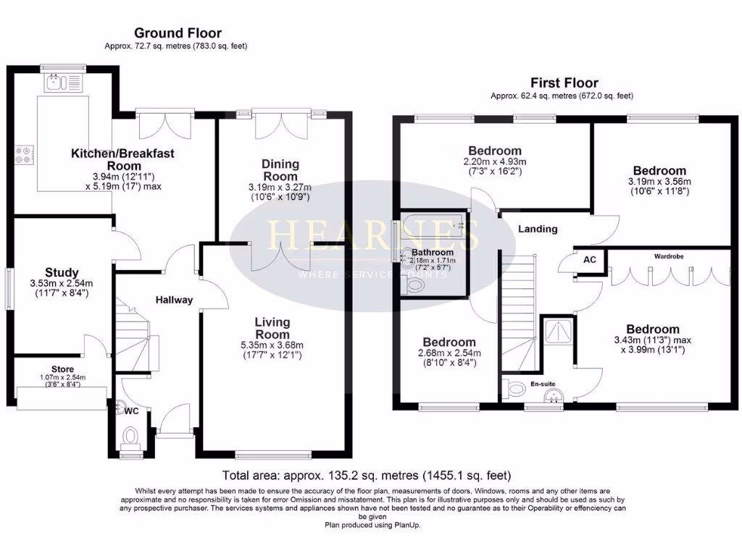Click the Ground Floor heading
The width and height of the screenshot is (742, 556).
[x=178, y=33]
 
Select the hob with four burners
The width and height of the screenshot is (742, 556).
[x=22, y=154]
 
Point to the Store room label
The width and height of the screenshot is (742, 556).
[x=62, y=369]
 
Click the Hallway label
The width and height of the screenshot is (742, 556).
[x=175, y=300]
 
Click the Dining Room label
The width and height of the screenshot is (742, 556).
[x=280, y=170]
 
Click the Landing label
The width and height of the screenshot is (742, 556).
[x=538, y=229]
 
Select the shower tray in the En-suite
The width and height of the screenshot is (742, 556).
[x=558, y=332]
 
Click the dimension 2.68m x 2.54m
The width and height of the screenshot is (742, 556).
[x=449, y=353]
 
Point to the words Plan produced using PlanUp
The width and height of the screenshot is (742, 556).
[x=372, y=525]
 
